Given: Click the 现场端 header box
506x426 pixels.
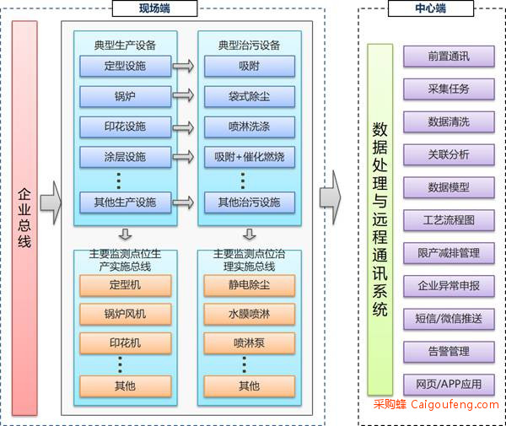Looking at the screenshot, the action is pyautogui.click(x=154, y=8).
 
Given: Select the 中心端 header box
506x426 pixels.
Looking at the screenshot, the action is pyautogui.click(x=430, y=8).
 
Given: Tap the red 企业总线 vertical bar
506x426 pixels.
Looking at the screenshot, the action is pyautogui.click(x=24, y=218).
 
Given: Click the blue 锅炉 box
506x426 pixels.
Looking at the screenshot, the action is pyautogui.click(x=125, y=96).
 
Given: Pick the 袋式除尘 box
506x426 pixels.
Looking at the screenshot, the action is pyautogui.click(x=250, y=96).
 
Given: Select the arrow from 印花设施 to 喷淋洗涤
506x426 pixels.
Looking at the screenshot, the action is pyautogui.click(x=183, y=127).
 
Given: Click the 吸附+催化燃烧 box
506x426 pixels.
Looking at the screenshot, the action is pyautogui.click(x=250, y=157).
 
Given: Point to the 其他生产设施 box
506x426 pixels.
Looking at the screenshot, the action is pyautogui.click(x=125, y=202).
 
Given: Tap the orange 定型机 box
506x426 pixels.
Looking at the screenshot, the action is pyautogui.click(x=126, y=285).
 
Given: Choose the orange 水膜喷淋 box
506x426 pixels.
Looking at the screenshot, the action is pyautogui.click(x=250, y=314).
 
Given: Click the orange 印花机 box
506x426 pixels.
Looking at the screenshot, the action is pyautogui.click(x=126, y=343).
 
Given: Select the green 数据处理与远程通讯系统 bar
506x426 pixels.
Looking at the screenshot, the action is pyautogui.click(x=380, y=219).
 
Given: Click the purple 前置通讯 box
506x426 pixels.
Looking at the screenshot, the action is pyautogui.click(x=449, y=57).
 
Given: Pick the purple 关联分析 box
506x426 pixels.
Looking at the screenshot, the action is pyautogui.click(x=449, y=155).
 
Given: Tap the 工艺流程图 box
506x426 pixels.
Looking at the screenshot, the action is pyautogui.click(x=449, y=220).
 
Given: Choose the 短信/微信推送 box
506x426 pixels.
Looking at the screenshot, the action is pyautogui.click(x=449, y=319).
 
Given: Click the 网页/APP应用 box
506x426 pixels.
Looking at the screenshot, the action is pyautogui.click(x=449, y=385).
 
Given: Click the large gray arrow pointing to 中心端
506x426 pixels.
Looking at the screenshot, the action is pyautogui.click(x=330, y=197).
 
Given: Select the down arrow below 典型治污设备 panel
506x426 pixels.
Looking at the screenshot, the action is pyautogui.click(x=250, y=235).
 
